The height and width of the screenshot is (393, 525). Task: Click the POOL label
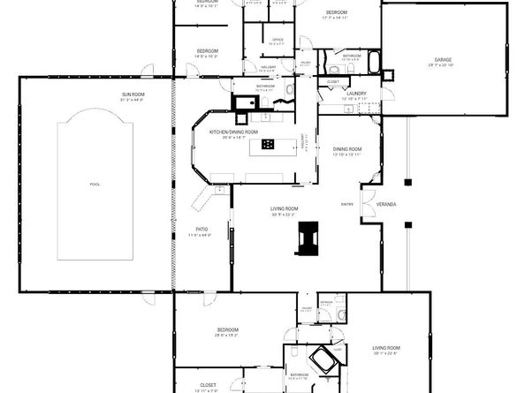click(95, 185)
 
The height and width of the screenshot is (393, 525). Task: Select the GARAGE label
click(442, 60)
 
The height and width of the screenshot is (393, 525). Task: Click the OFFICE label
click(277, 40)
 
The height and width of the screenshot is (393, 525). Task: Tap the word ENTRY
click(347, 205)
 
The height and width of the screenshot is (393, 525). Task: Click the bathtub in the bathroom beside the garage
click(374, 63)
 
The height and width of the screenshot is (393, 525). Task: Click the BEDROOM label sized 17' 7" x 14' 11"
click(335, 11)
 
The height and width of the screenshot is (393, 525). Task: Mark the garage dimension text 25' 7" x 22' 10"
click(442, 65)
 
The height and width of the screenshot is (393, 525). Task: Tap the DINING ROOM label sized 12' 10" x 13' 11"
click(347, 148)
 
